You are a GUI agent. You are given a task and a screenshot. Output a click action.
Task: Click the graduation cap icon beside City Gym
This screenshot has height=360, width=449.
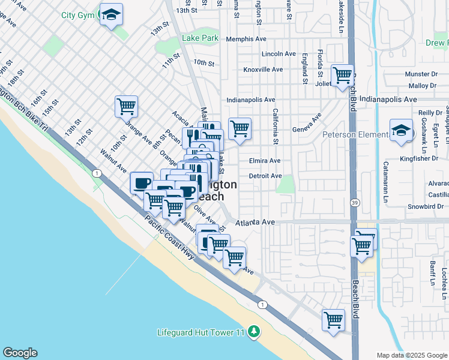(111, 14)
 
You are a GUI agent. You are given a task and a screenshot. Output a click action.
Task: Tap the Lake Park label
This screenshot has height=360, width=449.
(200, 38)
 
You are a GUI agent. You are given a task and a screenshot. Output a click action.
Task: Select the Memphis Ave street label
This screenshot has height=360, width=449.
(246, 39)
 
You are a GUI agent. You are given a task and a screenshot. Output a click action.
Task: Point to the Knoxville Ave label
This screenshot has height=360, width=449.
(263, 70)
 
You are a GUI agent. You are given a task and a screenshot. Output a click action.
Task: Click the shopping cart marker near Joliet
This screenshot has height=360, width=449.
(342, 76)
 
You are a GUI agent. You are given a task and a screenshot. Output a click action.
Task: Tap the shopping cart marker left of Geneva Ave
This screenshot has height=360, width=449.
(240, 128)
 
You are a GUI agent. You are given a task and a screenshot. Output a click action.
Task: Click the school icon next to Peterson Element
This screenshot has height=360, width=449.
(401, 130)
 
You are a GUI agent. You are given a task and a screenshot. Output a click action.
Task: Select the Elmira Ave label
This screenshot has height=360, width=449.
(265, 161)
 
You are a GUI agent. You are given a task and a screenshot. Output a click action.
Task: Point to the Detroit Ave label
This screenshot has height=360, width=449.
(265, 176)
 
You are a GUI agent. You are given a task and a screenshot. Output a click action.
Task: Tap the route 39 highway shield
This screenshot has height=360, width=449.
(355, 203)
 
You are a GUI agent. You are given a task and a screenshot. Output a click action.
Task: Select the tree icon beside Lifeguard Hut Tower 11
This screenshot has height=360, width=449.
(254, 332)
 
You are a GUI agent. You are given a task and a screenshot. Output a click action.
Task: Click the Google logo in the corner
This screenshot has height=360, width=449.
(20, 353)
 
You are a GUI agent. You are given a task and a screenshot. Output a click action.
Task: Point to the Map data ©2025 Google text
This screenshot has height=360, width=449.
(411, 355)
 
